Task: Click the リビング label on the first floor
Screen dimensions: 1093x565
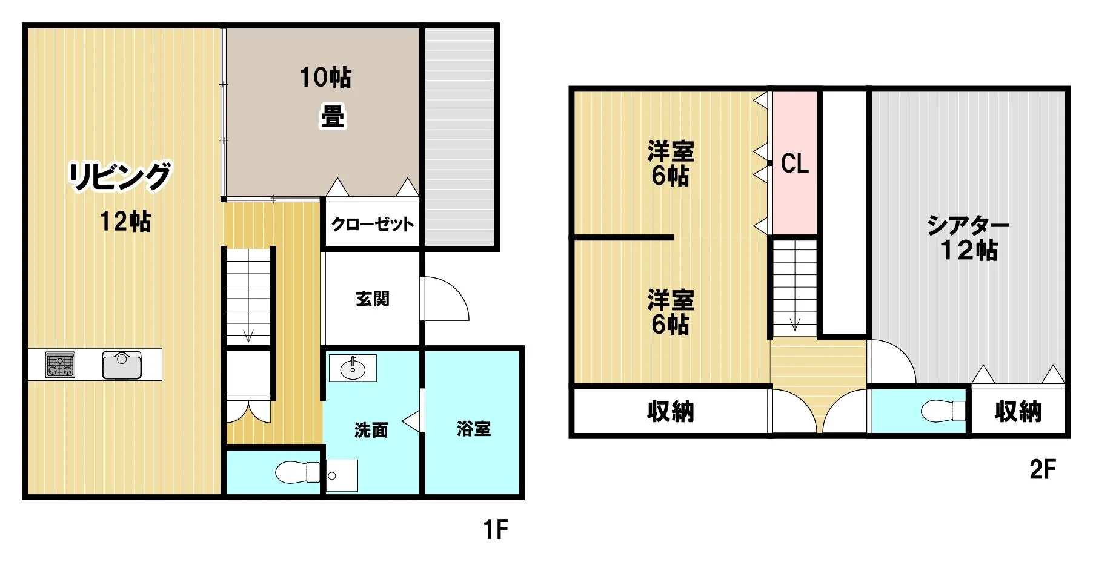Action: pyautogui.click(x=119, y=176)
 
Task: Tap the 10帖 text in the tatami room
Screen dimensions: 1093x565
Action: pyautogui.click(x=325, y=78)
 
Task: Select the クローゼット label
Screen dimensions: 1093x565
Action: pyautogui.click(x=372, y=224)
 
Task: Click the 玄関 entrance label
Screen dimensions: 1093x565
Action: pyautogui.click(x=372, y=299)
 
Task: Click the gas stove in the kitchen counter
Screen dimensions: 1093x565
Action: pyautogui.click(x=60, y=365)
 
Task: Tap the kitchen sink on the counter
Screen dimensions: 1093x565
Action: pyautogui.click(x=122, y=365)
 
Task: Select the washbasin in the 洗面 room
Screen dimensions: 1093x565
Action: pyautogui.click(x=353, y=368)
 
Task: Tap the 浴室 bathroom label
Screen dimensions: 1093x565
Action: pyautogui.click(x=474, y=429)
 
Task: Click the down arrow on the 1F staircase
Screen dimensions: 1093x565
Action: pyautogui.click(x=248, y=335)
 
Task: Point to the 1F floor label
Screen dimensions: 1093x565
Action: pyautogui.click(x=496, y=530)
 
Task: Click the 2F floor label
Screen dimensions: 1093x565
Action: pyautogui.click(x=1043, y=469)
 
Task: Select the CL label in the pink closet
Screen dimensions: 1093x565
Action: pyautogui.click(x=795, y=164)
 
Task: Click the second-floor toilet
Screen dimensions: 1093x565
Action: pyautogui.click(x=943, y=411)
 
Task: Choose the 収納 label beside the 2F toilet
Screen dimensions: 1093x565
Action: pyautogui.click(x=1018, y=412)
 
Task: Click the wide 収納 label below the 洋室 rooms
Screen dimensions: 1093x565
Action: pyautogui.click(x=670, y=412)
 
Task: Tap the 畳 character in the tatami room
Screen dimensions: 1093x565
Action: pyautogui.click(x=333, y=117)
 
